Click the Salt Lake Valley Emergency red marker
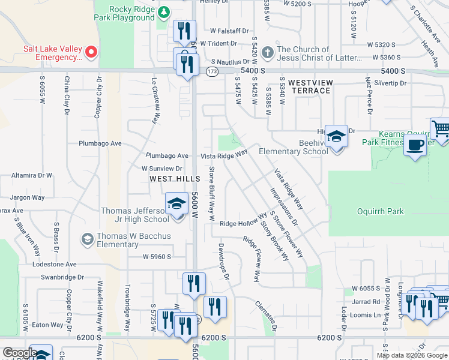click(91, 52)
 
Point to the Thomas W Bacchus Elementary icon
click(88, 239)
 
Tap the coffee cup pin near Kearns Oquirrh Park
click(415, 145)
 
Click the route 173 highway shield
click(212, 71)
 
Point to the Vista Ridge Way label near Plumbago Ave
click(224, 155)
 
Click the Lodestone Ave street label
click(55, 264)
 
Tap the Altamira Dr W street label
click(32, 175)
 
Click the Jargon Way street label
click(27, 197)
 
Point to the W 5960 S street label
click(157, 257)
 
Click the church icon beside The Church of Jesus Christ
click(267, 53)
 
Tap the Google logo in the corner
click(20, 353)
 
